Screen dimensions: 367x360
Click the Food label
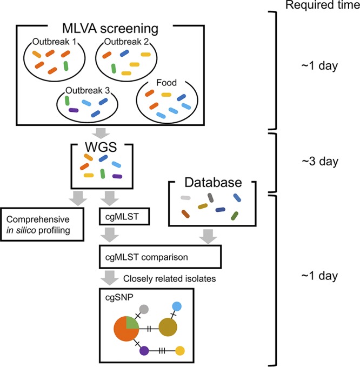tap(168, 83)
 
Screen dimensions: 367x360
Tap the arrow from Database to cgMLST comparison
tap(208, 236)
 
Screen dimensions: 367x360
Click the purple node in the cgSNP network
tap(144, 351)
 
